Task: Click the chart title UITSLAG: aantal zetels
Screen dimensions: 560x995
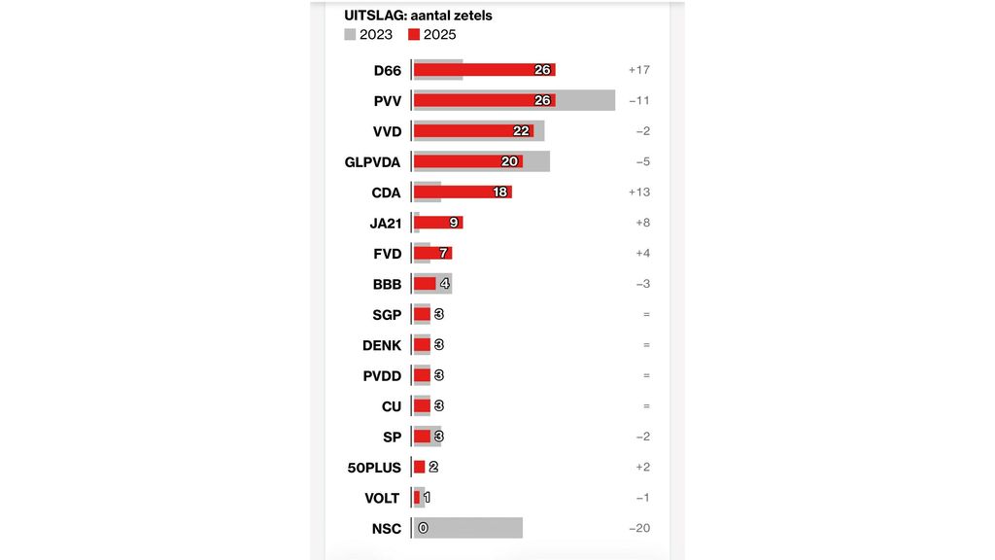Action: pyautogui.click(x=418, y=16)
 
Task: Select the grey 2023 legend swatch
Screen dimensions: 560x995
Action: pyautogui.click(x=350, y=35)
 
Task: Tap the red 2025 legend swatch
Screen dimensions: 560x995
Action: pyautogui.click(x=414, y=35)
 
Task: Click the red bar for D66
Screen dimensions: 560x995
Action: pyautogui.click(x=476, y=70)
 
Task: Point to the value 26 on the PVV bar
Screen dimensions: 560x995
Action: pyautogui.click(x=542, y=100)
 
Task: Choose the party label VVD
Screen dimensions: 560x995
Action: pyautogui.click(x=387, y=131)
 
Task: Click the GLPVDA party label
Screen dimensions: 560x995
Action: pyautogui.click(x=372, y=161)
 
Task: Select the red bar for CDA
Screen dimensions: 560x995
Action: pyautogui.click(x=457, y=192)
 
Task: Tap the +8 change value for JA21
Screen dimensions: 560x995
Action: pyautogui.click(x=642, y=223)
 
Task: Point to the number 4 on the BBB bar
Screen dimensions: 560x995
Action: pyautogui.click(x=445, y=284)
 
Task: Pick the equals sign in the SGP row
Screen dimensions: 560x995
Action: pyautogui.click(x=646, y=315)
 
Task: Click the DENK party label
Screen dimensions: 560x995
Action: pyautogui.click(x=381, y=345)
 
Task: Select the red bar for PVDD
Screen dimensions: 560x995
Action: pyautogui.click(x=422, y=375)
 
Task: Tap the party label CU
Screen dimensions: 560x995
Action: pyautogui.click(x=391, y=406)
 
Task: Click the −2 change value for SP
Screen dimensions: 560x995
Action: pyautogui.click(x=642, y=437)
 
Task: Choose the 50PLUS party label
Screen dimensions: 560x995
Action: pyautogui.click(x=374, y=468)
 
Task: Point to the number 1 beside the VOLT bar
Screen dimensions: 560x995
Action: pyautogui.click(x=427, y=498)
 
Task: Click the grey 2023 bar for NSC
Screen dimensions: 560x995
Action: pyautogui.click(x=476, y=528)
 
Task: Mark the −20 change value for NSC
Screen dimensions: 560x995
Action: pyautogui.click(x=639, y=528)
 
